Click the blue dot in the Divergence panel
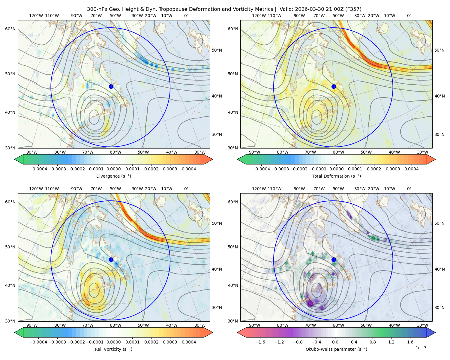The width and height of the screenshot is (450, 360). [111, 87]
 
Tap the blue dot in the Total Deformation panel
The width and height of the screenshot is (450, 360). [334, 87]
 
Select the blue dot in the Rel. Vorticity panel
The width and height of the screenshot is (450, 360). [111, 259]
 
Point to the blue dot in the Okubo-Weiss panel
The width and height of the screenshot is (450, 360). [334, 259]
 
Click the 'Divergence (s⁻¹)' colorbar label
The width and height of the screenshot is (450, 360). [113, 176]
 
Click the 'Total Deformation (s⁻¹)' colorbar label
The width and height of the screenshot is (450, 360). [336, 176]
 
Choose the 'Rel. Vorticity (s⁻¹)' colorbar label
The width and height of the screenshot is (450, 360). [113, 349]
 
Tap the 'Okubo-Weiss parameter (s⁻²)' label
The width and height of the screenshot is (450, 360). [336, 349]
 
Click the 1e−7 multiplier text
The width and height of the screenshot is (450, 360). [421, 348]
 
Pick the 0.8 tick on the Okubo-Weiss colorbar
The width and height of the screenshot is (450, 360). [373, 342]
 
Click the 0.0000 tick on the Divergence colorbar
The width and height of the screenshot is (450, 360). [113, 169]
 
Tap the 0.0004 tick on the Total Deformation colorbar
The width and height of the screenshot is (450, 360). [412, 169]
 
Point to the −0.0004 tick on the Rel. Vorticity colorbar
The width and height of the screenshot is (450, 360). [38, 342]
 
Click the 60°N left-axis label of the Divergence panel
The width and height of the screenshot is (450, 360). [10, 29]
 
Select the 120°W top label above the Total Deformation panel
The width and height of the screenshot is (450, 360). [259, 16]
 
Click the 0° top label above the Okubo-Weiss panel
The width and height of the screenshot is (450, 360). [409, 189]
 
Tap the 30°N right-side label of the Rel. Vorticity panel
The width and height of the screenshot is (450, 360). [217, 307]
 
